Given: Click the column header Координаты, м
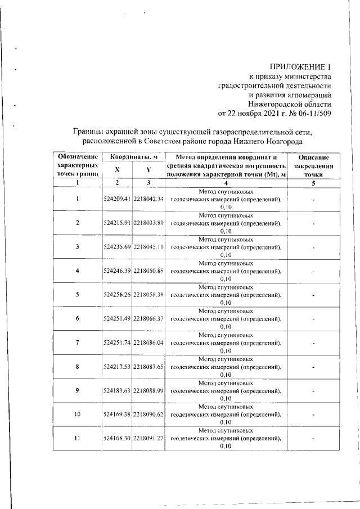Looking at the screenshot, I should [133, 157].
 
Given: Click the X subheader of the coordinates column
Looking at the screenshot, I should [117, 170].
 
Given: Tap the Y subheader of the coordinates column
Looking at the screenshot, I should [148, 170].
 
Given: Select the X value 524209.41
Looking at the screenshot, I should [117, 199].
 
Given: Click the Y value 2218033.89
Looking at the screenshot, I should [148, 223].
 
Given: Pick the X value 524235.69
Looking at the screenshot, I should [117, 246].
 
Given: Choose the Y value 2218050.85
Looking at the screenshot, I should [148, 271].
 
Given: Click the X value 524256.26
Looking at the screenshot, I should [117, 295].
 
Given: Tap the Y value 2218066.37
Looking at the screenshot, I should [148, 319].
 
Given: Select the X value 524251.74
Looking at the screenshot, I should [117, 343].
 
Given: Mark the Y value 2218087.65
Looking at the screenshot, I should [148, 367].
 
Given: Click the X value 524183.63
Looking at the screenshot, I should [117, 390].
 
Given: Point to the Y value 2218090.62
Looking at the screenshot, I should [148, 415].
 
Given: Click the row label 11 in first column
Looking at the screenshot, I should [77, 439].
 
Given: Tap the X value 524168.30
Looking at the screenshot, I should [117, 439].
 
